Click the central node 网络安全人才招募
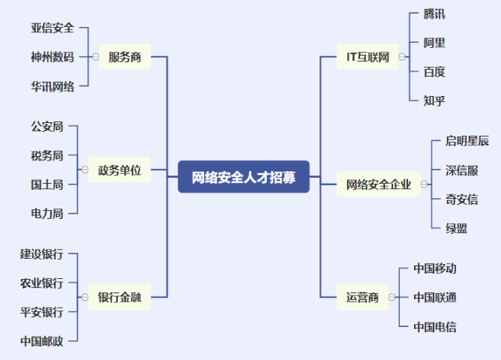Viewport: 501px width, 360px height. point(244,177)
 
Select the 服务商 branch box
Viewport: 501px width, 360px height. point(124,56)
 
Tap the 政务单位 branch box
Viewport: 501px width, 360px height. point(119,170)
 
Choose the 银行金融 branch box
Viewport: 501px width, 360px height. point(119,297)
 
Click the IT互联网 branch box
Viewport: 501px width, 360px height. point(367,56)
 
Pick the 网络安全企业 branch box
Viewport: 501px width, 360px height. point(379,184)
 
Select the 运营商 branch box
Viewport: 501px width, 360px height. point(362,297)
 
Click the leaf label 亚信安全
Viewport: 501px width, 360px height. point(52,28)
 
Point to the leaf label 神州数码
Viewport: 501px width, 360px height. point(52,57)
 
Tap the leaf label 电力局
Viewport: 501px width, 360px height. point(47,213)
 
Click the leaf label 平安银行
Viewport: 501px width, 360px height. point(42,312)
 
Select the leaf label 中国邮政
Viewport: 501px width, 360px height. point(42,340)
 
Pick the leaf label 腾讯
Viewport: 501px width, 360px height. point(434,14)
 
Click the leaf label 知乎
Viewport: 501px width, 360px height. point(434,100)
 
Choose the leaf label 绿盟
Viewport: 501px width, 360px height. point(456,228)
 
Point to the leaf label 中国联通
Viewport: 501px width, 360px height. point(435,298)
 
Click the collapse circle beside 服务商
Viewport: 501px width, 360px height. point(95,56)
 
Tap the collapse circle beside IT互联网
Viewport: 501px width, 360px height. point(403,56)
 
